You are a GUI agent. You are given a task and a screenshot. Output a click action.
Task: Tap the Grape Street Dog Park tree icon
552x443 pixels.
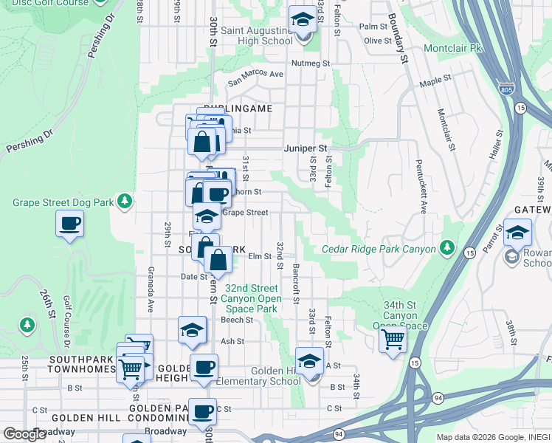[x=125, y=200]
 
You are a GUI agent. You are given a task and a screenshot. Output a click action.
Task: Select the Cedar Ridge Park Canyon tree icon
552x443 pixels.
[x=446, y=247]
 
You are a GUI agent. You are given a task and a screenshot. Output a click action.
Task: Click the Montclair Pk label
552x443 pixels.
[x=452, y=47]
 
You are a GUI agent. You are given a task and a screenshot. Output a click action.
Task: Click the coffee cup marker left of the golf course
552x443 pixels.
[x=70, y=224]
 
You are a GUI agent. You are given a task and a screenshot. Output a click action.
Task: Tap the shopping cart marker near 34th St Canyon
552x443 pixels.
[x=393, y=340]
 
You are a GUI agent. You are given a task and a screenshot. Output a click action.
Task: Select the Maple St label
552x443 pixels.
[x=435, y=80]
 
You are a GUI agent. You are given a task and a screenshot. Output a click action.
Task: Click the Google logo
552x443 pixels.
[x=25, y=433]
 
